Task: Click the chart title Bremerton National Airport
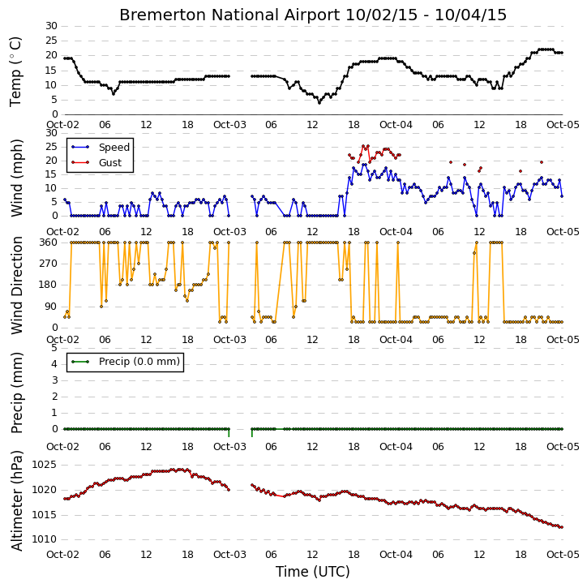(229, 15)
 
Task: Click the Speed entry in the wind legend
(114, 147)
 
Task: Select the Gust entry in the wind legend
(110, 162)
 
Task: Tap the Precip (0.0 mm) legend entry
(139, 362)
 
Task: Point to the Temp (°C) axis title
(15, 71)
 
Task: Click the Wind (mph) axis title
(16, 178)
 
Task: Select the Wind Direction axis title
(16, 285)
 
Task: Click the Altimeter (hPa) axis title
(16, 500)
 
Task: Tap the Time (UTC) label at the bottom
(313, 572)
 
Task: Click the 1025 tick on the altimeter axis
(44, 465)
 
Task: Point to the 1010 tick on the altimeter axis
(44, 539)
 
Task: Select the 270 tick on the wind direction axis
(49, 264)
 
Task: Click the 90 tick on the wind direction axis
(52, 307)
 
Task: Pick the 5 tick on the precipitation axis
(54, 348)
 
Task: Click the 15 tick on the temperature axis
(51, 70)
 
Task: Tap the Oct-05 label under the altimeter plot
(563, 554)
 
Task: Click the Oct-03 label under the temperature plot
(229, 125)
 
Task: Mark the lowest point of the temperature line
(319, 102)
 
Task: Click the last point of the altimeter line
(562, 527)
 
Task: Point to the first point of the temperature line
(65, 58)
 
